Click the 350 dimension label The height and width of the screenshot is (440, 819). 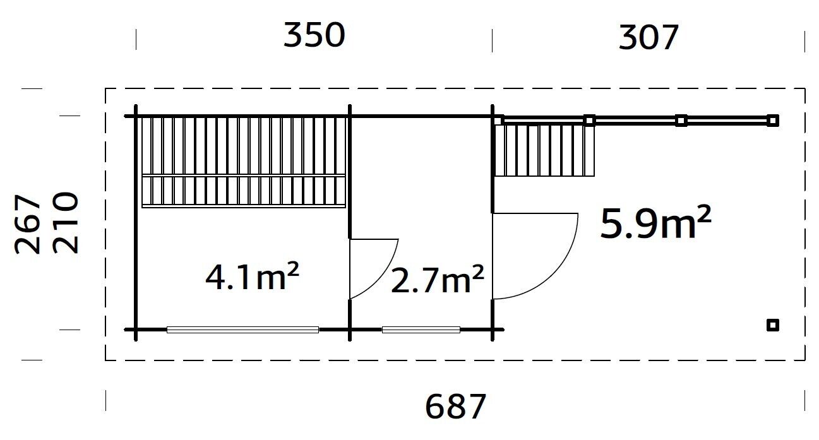(314, 35)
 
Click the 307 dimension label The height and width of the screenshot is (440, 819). (649, 38)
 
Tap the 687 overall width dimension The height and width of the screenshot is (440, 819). (455, 407)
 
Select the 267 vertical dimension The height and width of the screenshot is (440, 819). (27, 224)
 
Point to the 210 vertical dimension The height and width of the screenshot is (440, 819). (65, 223)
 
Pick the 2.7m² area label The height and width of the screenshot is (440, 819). (438, 280)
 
